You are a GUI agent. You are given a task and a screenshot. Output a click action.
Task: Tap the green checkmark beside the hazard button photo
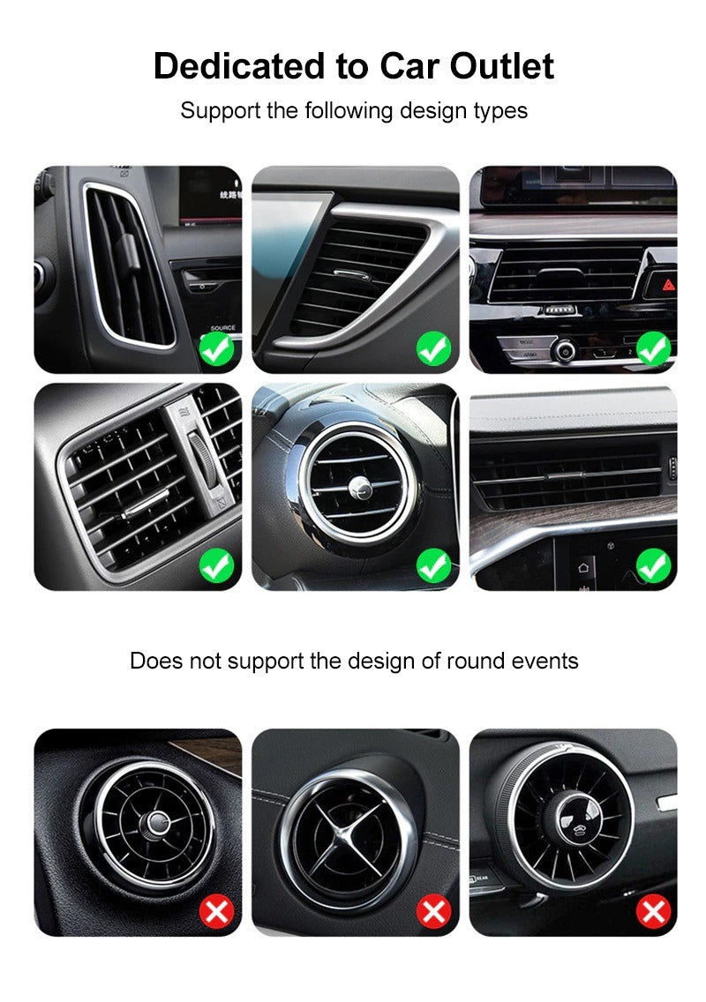coord(653,349)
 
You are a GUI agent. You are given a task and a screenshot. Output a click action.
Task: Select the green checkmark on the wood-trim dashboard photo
coord(653,565)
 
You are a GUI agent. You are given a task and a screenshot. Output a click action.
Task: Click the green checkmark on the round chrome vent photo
coord(433,565)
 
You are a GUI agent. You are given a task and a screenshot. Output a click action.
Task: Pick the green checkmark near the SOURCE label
coord(216,349)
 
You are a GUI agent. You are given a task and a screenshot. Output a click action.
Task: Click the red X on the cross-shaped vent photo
coord(433,911)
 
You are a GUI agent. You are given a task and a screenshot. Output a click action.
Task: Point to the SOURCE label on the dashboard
coord(222,328)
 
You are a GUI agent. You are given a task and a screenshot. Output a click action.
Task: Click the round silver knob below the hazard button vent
coord(562,350)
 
